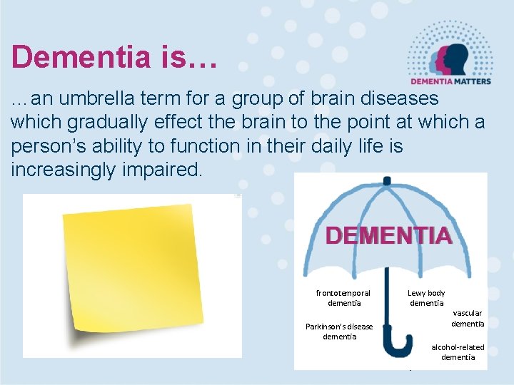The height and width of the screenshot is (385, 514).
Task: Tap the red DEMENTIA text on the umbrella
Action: click(x=389, y=236)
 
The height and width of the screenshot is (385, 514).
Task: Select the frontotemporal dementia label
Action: click(x=343, y=298)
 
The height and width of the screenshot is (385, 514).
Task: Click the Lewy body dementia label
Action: click(x=426, y=298)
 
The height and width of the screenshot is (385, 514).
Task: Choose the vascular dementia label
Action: click(x=468, y=318)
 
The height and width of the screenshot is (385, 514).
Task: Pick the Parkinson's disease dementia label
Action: click(x=339, y=332)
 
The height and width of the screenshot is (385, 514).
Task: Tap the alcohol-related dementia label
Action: click(x=458, y=352)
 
